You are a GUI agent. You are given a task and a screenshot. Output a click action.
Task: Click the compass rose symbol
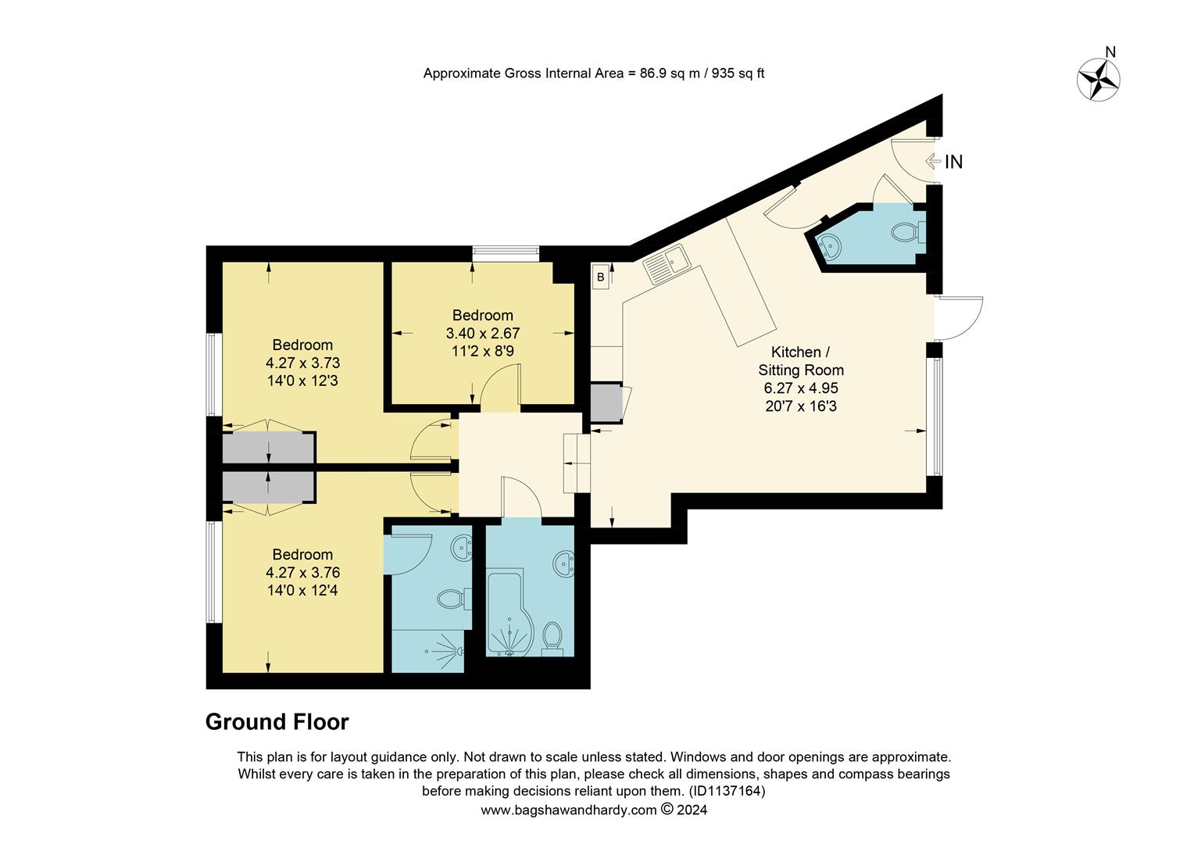pos(1099,80)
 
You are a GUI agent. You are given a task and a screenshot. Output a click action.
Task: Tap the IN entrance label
pos(953,162)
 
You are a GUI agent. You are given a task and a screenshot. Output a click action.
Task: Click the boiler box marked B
pos(600,277)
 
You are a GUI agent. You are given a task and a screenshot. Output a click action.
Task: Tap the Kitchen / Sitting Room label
pos(801,361)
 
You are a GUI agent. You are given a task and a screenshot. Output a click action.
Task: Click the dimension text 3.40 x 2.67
pos(482,333)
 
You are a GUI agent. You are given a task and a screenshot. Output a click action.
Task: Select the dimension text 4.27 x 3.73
pos(302,363)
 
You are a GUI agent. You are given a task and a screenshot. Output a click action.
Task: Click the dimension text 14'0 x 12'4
pos(302,590)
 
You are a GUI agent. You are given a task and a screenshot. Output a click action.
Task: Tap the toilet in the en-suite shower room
pos(452,600)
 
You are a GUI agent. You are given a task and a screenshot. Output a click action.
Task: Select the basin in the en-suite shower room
pos(463,549)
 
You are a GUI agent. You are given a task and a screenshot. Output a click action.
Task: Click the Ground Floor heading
pos(277,722)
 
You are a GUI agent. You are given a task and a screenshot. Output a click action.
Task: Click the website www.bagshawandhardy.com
pos(568,810)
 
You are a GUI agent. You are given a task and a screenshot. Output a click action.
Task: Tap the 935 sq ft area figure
pos(738,73)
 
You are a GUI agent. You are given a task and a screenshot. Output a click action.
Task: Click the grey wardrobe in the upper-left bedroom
pos(268,449)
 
